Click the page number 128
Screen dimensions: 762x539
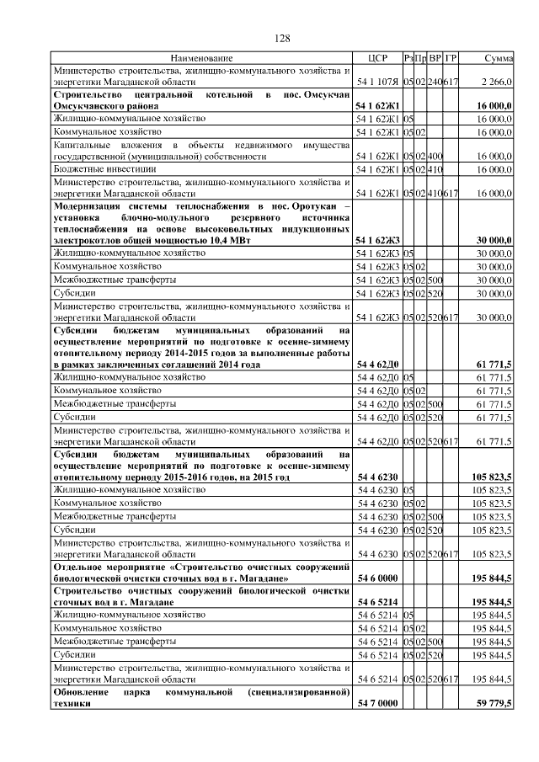pyautogui.click(x=282, y=40)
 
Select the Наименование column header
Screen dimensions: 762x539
pyautogui.click(x=200, y=58)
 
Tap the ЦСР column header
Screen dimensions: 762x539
pyautogui.click(x=377, y=58)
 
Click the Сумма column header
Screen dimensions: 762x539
pyautogui.click(x=499, y=58)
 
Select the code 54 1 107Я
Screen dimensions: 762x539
pyautogui.click(x=377, y=83)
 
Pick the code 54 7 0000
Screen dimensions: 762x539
pyautogui.click(x=376, y=703)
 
